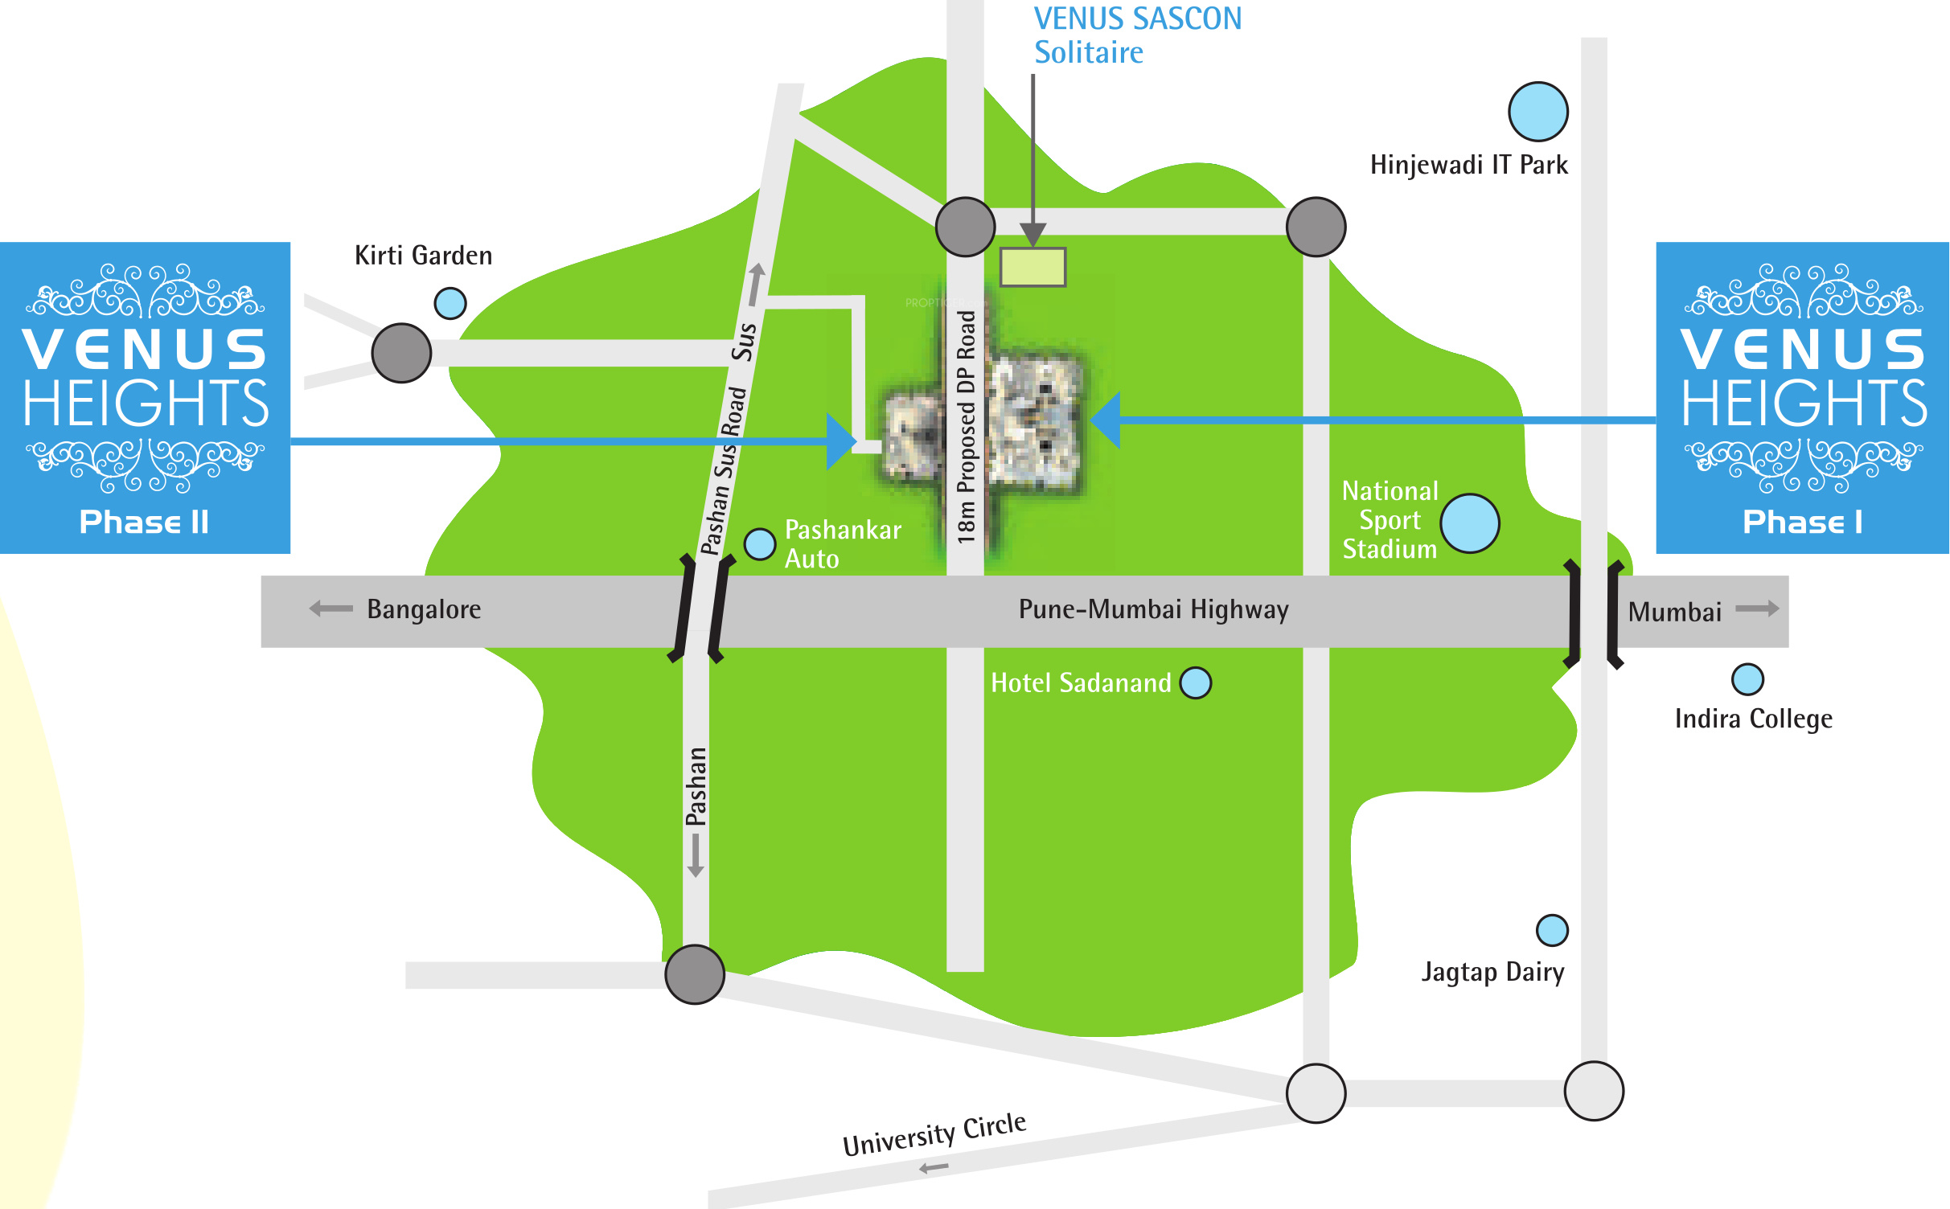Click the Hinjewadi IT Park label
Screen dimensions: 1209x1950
(x=1468, y=165)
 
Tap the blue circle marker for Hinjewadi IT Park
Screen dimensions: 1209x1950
(x=1537, y=112)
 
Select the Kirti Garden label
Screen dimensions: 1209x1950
(x=423, y=256)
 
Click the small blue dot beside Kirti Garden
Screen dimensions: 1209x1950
(x=450, y=303)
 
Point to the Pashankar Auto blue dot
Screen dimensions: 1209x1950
(x=759, y=544)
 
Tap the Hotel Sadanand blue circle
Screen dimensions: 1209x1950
(x=1195, y=682)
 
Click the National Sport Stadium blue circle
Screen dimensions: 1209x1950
(x=1469, y=523)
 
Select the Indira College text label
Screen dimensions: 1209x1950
(x=1753, y=719)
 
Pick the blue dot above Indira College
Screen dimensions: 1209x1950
(x=1747, y=679)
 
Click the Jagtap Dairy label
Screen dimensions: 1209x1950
(x=1492, y=972)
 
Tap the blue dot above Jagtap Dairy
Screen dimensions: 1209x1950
(x=1552, y=930)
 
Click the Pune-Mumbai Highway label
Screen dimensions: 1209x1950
(x=1153, y=609)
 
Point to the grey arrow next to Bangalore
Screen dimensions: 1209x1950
(x=330, y=609)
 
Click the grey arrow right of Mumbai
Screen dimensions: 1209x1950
(x=1757, y=609)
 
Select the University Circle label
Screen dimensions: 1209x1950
(x=934, y=1133)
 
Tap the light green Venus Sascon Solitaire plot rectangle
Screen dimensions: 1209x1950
(x=1032, y=267)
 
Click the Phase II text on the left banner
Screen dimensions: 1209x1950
(x=144, y=522)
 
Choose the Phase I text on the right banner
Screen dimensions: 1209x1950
(x=1802, y=522)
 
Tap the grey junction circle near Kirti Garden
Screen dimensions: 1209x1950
(x=401, y=353)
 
